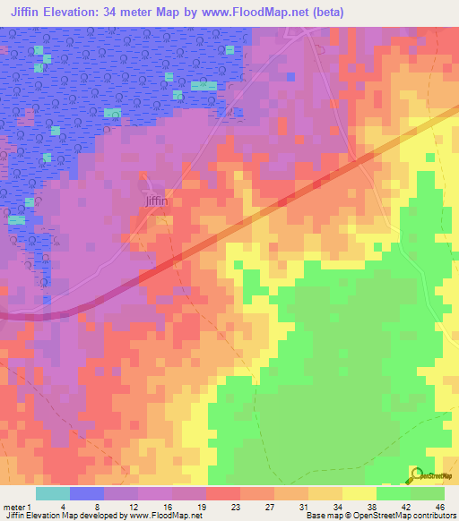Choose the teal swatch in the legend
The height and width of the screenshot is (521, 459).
[53, 493]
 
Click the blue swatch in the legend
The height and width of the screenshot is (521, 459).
[87, 493]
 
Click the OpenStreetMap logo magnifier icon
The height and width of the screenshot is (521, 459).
[415, 474]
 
